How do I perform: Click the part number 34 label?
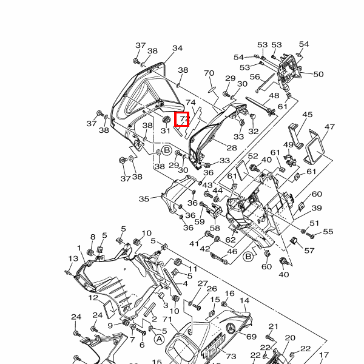[x=177, y=49]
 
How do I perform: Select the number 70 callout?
[x=209, y=73]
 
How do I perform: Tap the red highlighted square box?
[x=182, y=120]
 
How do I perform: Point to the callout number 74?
[x=190, y=103]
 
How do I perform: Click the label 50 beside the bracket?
[x=318, y=74]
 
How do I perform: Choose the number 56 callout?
[x=255, y=76]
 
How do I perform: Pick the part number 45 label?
[x=307, y=115]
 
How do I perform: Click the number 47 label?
[x=329, y=127]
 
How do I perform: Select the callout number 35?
[x=144, y=198]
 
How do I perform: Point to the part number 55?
[x=328, y=232]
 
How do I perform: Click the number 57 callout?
[x=309, y=251]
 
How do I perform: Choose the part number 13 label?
[x=73, y=259]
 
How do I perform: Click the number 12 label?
[x=92, y=298]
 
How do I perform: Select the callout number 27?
[x=203, y=283]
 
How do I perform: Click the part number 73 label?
[x=231, y=356]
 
